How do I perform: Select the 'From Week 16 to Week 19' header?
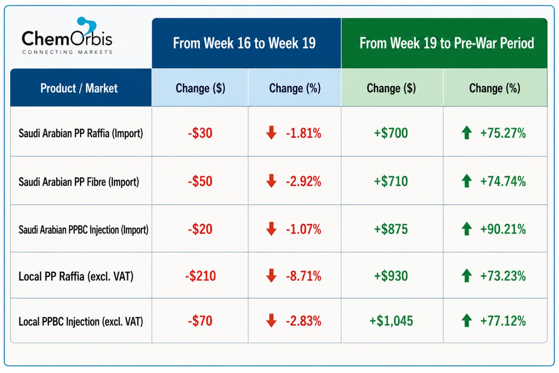(244, 43)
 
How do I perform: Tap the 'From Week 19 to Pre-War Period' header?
(447, 43)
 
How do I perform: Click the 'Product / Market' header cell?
(79, 88)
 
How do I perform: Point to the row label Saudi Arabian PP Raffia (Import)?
(81, 133)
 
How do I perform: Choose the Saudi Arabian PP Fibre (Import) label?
(79, 181)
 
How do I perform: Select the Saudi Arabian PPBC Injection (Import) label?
(83, 230)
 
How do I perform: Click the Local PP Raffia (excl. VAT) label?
(76, 276)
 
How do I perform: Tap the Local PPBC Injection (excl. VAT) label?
(81, 321)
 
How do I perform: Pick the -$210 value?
(200, 276)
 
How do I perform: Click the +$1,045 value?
(391, 321)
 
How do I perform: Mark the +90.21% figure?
(503, 229)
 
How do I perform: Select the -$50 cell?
(200, 181)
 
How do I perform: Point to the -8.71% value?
(303, 276)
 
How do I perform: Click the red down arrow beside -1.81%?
(271, 132)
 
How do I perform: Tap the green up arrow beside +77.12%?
(467, 320)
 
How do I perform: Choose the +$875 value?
(391, 229)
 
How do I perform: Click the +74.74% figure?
(503, 181)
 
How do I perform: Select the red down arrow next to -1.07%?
(271, 229)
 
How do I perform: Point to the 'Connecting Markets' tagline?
(67, 52)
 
